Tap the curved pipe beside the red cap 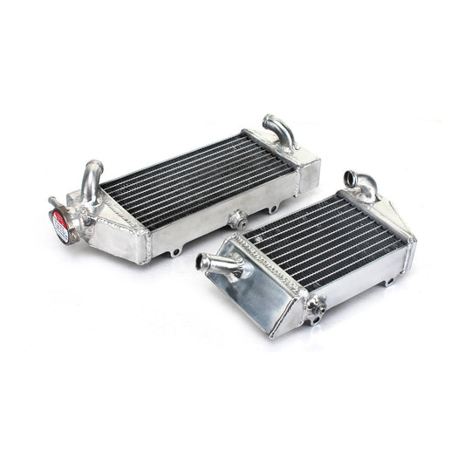[91, 180]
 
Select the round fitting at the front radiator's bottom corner [315, 306]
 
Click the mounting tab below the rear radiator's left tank [174, 252]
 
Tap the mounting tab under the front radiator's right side [389, 281]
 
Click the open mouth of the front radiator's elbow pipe [351, 177]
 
